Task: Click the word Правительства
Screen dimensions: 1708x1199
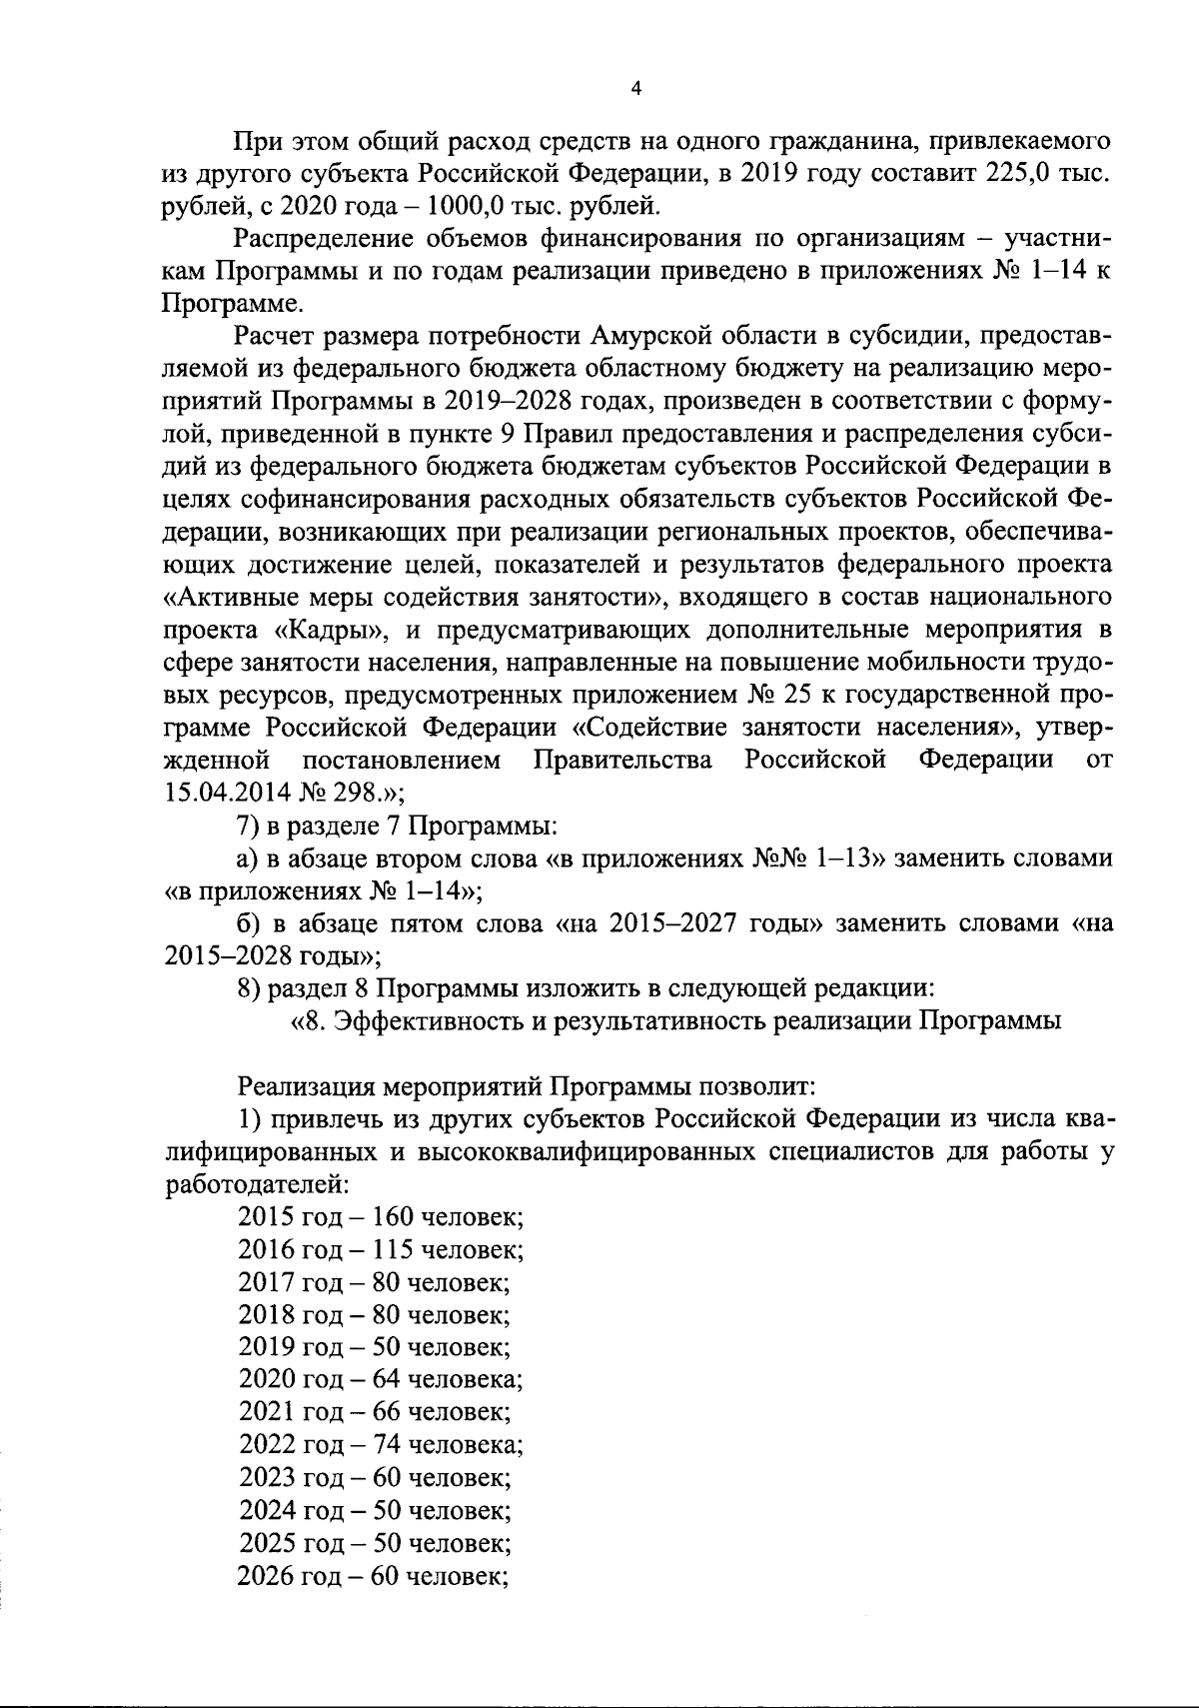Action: click(x=623, y=761)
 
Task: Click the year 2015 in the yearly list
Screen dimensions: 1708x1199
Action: click(x=266, y=1217)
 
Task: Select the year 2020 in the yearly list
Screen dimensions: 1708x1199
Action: click(x=266, y=1380)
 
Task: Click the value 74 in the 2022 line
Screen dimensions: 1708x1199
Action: click(x=385, y=1445)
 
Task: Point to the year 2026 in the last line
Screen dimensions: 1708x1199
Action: click(x=266, y=1576)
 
